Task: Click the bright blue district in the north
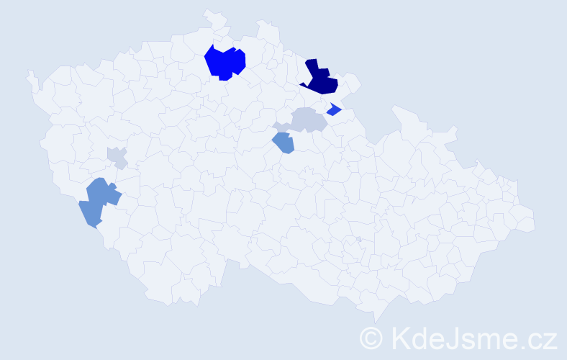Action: [x=224, y=63]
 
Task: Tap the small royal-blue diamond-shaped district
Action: [x=333, y=110]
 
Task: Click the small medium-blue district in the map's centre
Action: [x=283, y=143]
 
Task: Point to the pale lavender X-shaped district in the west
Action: [x=117, y=157]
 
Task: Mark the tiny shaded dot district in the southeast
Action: [x=358, y=239]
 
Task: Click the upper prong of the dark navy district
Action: [x=312, y=67]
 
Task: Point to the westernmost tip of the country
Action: [x=30, y=73]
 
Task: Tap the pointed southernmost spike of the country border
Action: [x=376, y=321]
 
